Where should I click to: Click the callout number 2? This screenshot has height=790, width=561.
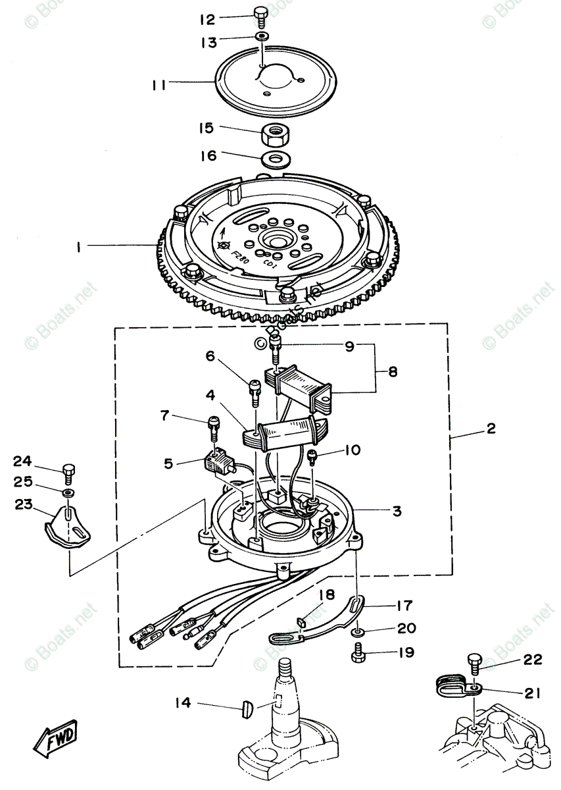[490, 429]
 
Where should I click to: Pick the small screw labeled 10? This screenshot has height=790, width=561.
[314, 455]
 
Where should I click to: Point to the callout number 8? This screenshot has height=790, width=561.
[392, 371]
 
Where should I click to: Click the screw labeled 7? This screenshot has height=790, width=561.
[213, 425]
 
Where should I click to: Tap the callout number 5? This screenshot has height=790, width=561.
[169, 463]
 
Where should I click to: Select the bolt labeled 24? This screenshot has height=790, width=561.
[69, 471]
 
